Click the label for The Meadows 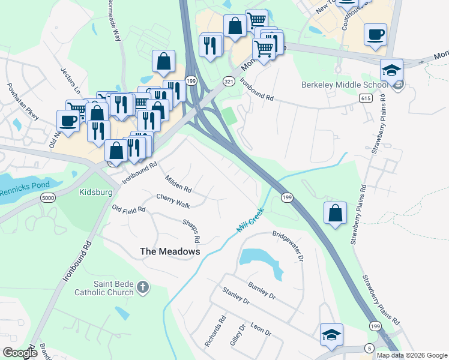point(170,252)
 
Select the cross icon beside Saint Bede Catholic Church point(142,287)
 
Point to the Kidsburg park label point(96,193)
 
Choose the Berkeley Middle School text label point(343,85)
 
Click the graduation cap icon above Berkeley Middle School point(391,71)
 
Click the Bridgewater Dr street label point(289,247)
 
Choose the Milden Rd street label point(178,184)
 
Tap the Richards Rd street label point(214,331)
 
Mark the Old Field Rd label point(129,209)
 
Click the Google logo point(20,353)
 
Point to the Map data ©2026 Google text point(412,355)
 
